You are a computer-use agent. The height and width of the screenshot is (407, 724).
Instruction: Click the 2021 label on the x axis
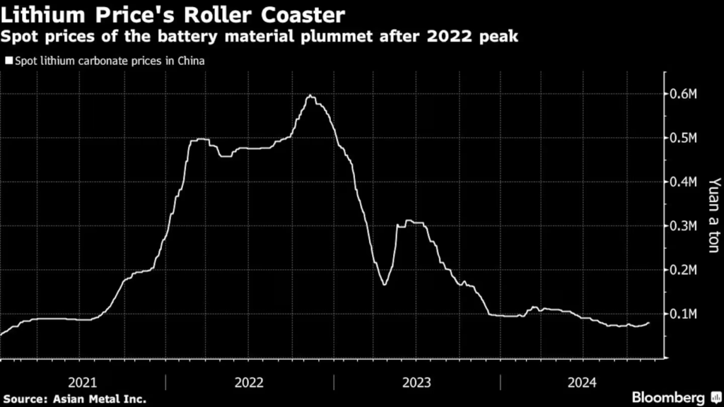pyautogui.click(x=83, y=382)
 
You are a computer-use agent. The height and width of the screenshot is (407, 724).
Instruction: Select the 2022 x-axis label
pyautogui.click(x=249, y=382)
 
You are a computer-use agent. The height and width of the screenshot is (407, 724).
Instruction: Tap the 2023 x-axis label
pyautogui.click(x=416, y=382)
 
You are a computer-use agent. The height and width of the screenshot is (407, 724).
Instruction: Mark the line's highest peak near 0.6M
pyautogui.click(x=310, y=95)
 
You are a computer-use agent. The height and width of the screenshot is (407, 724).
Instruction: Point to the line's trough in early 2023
pyautogui.click(x=384, y=284)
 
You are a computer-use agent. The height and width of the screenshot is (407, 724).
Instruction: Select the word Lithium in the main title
pyautogui.click(x=39, y=13)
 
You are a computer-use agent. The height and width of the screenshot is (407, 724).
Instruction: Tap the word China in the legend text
pyautogui.click(x=191, y=61)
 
